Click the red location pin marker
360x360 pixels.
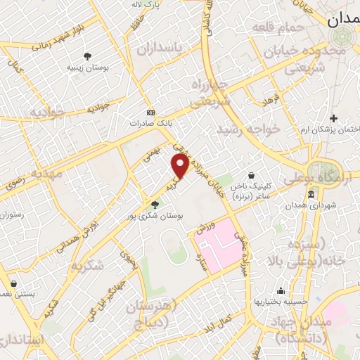(x=181, y=166)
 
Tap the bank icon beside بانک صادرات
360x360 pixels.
(x=150, y=112)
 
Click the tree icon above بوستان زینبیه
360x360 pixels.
(x=87, y=56)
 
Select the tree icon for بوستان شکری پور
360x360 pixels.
(x=155, y=205)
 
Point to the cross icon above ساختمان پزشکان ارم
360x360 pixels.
(x=333, y=118)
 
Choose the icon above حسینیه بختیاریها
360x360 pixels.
(x=281, y=290)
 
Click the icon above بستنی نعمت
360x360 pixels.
(x=13, y=283)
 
